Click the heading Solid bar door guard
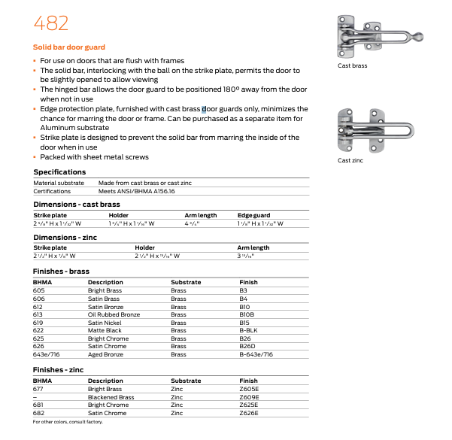coord(69,47)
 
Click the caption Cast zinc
coord(351,160)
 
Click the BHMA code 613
coord(38,314)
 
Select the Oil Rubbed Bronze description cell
coord(114,314)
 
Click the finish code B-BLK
coord(248,329)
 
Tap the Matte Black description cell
coord(105,329)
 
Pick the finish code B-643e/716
coord(256,354)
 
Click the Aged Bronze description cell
coord(105,354)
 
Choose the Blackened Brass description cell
coord(111,397)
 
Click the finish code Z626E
coord(249,413)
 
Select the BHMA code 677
coord(38,389)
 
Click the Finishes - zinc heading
coord(59,370)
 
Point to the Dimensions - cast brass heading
coord(76,205)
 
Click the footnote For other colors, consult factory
coord(68,422)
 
